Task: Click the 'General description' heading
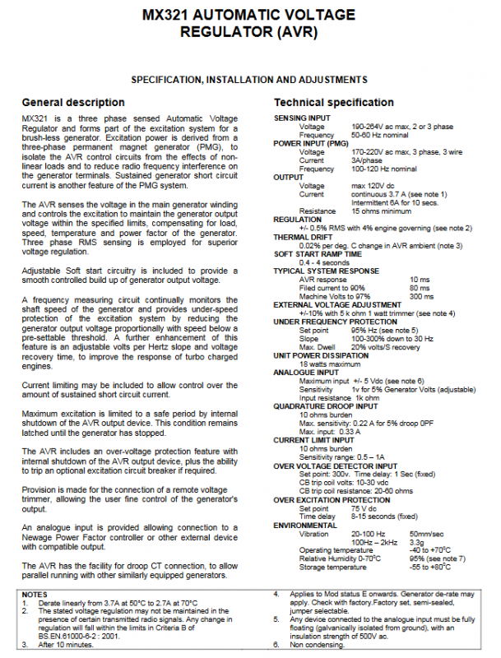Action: [x=73, y=103]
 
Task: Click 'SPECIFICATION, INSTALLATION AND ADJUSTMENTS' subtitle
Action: [x=249, y=80]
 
